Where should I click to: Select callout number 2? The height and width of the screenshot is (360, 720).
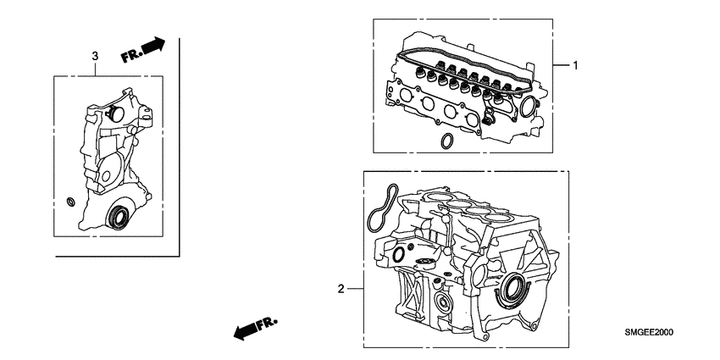341,289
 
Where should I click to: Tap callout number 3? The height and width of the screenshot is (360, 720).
95,55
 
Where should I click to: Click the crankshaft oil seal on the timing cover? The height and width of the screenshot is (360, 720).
117,217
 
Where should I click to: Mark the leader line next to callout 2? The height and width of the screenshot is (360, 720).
356,289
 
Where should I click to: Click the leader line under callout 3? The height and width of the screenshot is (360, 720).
95,69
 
